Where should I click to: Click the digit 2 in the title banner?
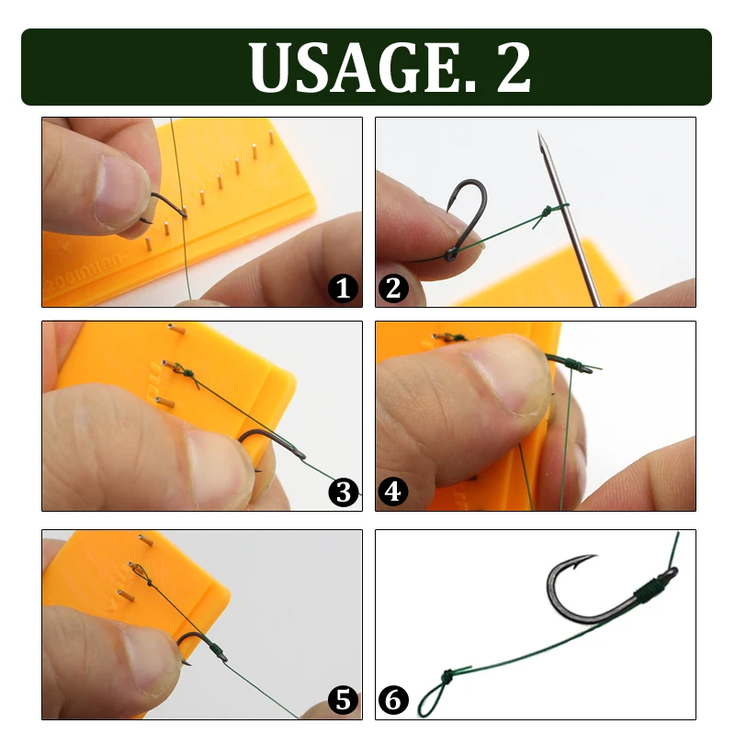click(x=514, y=67)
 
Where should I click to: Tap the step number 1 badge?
click(x=344, y=289)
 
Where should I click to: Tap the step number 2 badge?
click(x=393, y=289)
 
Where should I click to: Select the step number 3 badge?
click(x=344, y=493)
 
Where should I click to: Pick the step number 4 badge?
click(x=393, y=493)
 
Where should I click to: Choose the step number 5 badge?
click(x=344, y=701)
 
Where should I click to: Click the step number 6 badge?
click(x=393, y=701)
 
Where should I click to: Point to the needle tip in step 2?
click(x=540, y=138)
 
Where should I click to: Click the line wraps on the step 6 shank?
click(x=654, y=584)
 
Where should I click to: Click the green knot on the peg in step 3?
click(x=185, y=373)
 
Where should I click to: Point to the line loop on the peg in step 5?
click(x=139, y=572)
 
